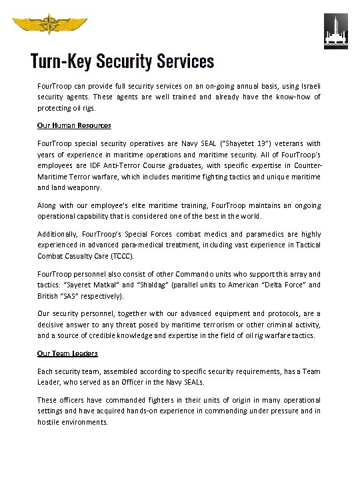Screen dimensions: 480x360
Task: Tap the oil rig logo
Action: pos(335,31)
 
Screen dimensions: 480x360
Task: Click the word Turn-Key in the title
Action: pos(61,62)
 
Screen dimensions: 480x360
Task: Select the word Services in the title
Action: pos(185,62)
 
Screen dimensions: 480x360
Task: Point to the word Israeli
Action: pos(308,87)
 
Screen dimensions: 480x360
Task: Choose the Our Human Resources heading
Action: pos(74,125)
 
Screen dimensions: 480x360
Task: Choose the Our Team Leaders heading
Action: pos(67,353)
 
